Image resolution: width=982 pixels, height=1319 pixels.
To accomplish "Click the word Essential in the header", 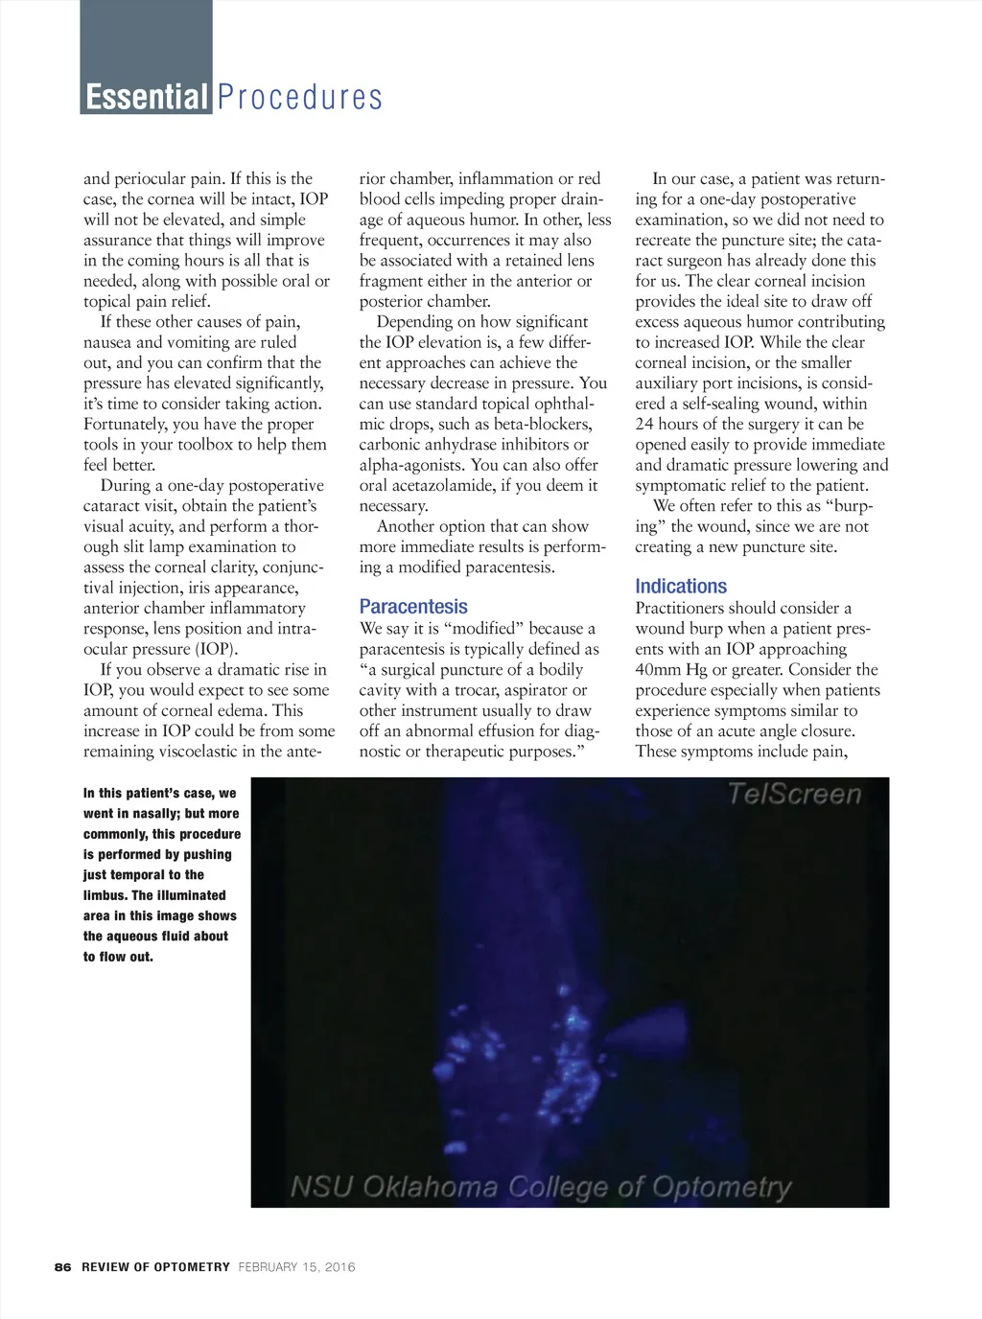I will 147,97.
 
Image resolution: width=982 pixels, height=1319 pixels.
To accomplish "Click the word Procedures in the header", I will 299,97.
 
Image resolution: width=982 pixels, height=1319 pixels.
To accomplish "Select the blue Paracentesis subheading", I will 413,607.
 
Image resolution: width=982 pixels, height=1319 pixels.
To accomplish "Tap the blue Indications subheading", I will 681,587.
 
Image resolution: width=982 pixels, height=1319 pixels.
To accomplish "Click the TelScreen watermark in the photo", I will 794,794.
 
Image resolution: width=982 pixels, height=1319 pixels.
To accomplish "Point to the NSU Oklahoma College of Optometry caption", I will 541,1188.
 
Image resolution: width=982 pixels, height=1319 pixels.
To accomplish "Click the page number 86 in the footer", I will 63,1267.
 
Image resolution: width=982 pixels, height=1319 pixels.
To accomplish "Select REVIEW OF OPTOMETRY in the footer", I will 155,1267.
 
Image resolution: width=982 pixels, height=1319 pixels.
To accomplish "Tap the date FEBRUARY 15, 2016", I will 296,1267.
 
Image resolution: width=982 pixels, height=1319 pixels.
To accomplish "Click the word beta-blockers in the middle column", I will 542,425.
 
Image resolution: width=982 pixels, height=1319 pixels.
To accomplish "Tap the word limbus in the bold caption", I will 105,895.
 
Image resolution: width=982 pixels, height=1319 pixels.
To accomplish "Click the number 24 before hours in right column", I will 644,425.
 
